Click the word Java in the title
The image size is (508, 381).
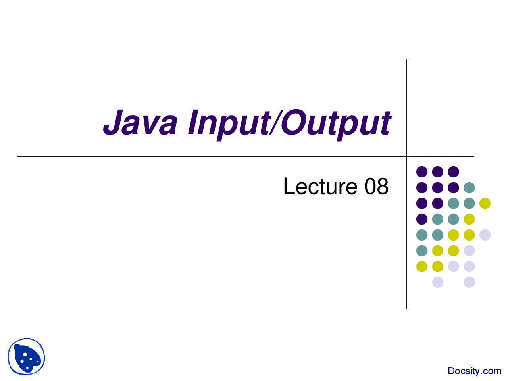point(140,122)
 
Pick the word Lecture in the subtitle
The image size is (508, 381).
point(320,187)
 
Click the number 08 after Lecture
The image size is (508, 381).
point(376,187)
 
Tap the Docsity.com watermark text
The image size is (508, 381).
point(474,371)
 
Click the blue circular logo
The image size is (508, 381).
point(26,356)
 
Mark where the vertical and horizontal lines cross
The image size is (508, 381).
point(406,157)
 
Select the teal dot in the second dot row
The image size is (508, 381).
point(469,188)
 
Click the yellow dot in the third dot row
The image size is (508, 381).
point(485,203)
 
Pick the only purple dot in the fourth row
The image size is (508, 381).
point(422,219)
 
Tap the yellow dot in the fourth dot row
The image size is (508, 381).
point(469,219)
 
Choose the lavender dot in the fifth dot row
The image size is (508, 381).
point(485,235)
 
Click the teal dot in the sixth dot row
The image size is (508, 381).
point(422,251)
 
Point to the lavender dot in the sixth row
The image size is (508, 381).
point(469,251)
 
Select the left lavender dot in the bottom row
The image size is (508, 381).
point(438,282)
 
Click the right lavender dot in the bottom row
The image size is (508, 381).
point(469,282)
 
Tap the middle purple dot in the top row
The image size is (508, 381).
point(438,172)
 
